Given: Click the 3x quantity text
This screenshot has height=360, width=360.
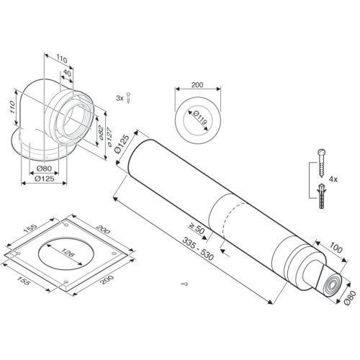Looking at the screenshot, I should tap(119, 95).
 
